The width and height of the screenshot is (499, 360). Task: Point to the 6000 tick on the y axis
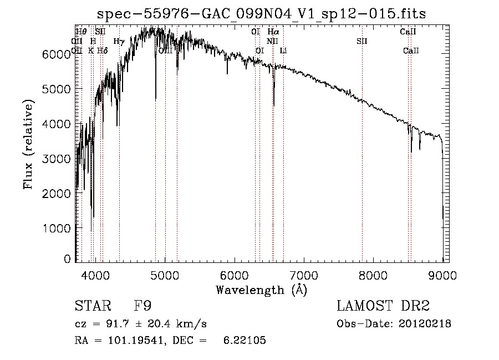[x=57, y=54]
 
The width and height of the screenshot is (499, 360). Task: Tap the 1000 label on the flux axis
[x=57, y=228]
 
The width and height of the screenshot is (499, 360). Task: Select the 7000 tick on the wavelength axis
[x=304, y=273]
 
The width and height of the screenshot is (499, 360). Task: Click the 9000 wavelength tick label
[x=443, y=273]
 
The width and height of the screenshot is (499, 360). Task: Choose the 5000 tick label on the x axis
[x=165, y=273]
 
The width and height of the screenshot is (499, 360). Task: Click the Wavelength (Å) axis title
[x=261, y=290]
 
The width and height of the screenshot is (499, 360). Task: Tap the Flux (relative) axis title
[x=29, y=144]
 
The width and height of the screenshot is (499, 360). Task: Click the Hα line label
[x=273, y=32]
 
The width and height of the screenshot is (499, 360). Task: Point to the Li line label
[x=283, y=51]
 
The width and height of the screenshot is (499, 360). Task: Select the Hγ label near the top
[x=119, y=42]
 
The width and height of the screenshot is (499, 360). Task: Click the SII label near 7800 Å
[x=362, y=42]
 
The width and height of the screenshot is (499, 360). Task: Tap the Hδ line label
[x=102, y=51]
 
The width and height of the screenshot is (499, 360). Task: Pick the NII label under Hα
[x=272, y=42]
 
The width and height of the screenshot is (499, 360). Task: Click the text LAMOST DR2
[x=383, y=306]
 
